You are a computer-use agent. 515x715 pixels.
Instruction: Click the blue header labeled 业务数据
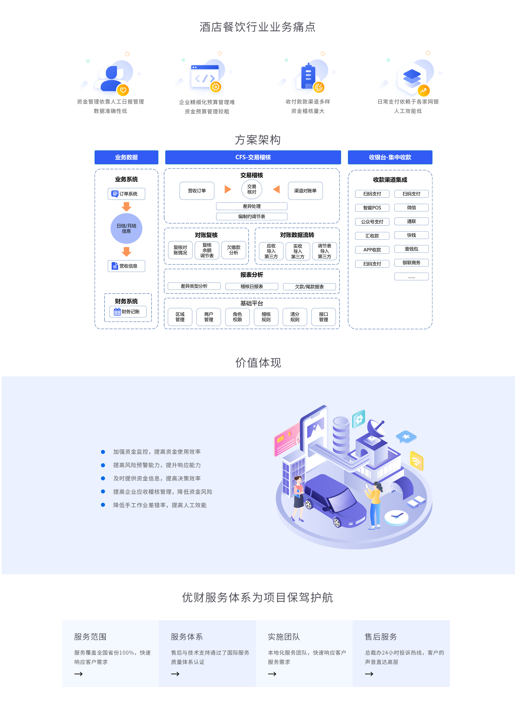tap(126, 157)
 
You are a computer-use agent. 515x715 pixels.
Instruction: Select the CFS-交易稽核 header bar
tap(253, 157)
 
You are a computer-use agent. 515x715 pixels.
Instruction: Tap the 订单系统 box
tap(126, 194)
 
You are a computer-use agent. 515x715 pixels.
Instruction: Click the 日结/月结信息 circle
tap(126, 228)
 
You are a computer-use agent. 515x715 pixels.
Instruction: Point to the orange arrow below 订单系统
tap(126, 207)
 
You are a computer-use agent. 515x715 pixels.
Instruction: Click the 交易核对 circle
tap(252, 189)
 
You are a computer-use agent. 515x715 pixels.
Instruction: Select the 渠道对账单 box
tap(305, 191)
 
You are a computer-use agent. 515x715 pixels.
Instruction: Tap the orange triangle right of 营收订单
tap(228, 189)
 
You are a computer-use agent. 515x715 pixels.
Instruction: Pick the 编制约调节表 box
tap(252, 216)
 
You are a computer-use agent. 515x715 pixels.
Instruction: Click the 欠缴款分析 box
tap(234, 250)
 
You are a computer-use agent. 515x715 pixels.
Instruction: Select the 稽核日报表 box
tap(252, 286)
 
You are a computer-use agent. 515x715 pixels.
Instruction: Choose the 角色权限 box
tap(237, 317)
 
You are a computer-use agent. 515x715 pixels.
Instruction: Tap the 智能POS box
tap(372, 208)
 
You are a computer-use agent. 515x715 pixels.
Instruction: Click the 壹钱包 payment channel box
tap(411, 249)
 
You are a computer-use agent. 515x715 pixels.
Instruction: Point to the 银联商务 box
tap(411, 263)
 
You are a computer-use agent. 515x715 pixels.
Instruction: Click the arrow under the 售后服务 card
tap(369, 674)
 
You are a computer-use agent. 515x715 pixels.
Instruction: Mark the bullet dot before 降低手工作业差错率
tap(103, 505)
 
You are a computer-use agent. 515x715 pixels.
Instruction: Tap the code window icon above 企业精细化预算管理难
tap(205, 76)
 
